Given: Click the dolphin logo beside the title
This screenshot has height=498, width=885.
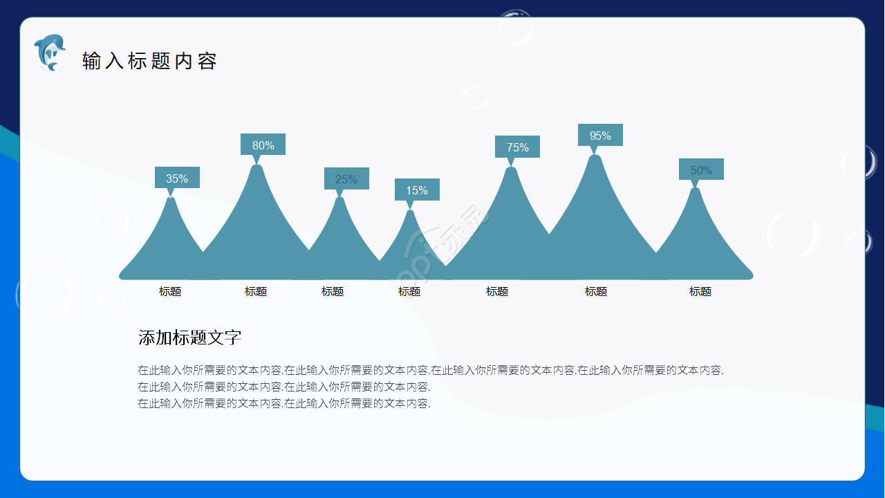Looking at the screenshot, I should (x=49, y=53).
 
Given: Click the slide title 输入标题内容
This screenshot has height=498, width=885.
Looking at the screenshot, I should (x=149, y=61).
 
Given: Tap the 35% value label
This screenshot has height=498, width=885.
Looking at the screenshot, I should (x=177, y=178).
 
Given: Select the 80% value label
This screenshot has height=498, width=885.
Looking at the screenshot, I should (x=263, y=145).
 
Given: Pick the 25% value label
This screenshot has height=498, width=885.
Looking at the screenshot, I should (x=346, y=178).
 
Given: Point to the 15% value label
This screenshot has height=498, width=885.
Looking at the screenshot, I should (x=417, y=190).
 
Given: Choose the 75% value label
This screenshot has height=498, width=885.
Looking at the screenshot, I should (x=517, y=147).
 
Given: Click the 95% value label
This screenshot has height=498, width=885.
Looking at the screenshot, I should (x=600, y=135).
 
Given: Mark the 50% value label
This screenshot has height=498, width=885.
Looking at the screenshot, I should (x=701, y=169).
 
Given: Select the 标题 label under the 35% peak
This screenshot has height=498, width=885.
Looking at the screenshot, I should (x=170, y=292).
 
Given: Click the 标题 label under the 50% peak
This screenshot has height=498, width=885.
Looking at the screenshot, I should (x=700, y=292).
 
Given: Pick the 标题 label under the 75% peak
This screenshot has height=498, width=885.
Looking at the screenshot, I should (x=497, y=292).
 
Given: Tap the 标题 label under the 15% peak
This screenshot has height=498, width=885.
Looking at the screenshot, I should (x=409, y=292).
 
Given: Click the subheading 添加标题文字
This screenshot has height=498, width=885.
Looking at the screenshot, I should (x=189, y=338).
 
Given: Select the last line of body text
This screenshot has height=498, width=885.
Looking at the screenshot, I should (x=284, y=403).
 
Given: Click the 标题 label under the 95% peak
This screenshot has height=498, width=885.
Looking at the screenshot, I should (x=596, y=292).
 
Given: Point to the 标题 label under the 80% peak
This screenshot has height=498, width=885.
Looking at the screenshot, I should (x=256, y=292).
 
